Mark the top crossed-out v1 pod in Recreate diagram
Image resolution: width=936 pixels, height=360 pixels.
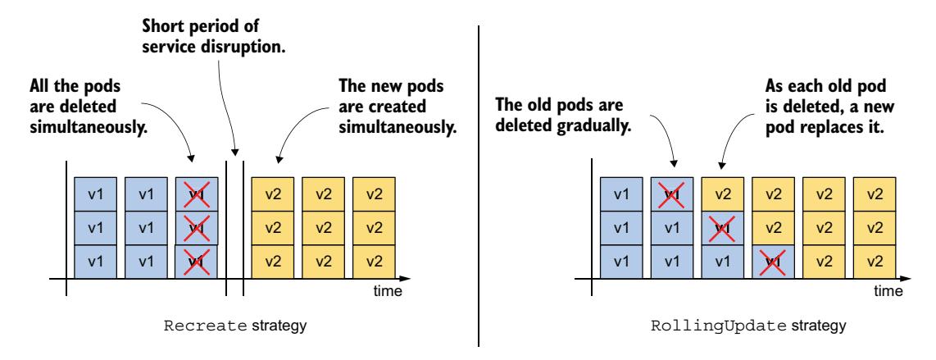pyautogui.click(x=197, y=195)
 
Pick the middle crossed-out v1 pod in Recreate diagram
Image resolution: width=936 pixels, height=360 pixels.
pyautogui.click(x=197, y=226)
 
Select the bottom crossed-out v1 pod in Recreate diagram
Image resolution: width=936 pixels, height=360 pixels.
pyautogui.click(x=197, y=260)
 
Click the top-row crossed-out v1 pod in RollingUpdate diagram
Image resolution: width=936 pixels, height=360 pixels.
pyautogui.click(x=672, y=195)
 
